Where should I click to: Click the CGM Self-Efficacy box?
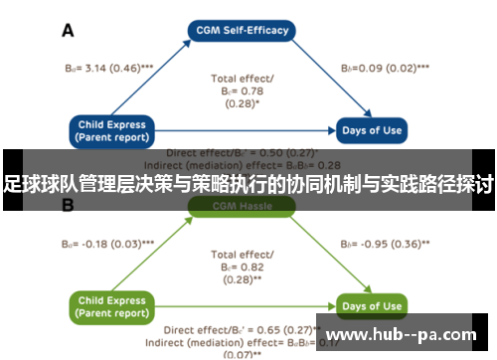(x=243, y=30)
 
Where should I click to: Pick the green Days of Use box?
(x=370, y=305)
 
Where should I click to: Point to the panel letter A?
(x=68, y=31)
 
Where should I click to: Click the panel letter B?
(x=68, y=206)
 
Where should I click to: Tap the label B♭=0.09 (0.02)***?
(x=385, y=68)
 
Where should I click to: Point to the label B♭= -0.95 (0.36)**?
(x=386, y=243)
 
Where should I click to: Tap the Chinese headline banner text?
(x=248, y=184)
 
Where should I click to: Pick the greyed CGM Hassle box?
(x=243, y=206)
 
